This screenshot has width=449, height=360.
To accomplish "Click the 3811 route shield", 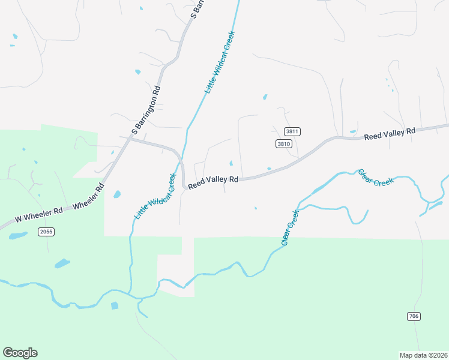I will click(x=292, y=131).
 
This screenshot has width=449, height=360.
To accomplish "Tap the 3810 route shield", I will click(x=284, y=143).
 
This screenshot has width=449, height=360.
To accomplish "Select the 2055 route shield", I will click(x=46, y=232).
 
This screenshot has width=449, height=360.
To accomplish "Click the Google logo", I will click(x=20, y=353).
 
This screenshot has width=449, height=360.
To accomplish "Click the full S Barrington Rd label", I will click(x=146, y=110).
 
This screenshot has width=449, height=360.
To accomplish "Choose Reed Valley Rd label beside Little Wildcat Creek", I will click(x=213, y=182).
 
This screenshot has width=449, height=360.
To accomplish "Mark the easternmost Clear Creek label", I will click(x=376, y=178).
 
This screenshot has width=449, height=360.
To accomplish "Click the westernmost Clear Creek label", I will click(x=289, y=228).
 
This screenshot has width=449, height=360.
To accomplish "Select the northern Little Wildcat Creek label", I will click(x=220, y=62).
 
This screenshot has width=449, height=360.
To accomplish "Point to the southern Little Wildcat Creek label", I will click(x=155, y=196).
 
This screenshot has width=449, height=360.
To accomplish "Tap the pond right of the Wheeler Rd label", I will click(x=116, y=194).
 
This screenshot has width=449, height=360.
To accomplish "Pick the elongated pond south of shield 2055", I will click(x=62, y=263).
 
